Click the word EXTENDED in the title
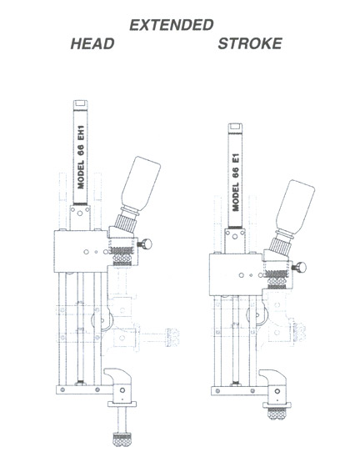pyautogui.click(x=172, y=25)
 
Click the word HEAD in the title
pyautogui.click(x=92, y=43)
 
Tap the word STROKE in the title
pyautogui.click(x=250, y=43)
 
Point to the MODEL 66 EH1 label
pyautogui.click(x=81, y=157)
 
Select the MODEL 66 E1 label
pyautogui.click(x=236, y=182)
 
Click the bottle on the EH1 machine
pyautogui.click(x=141, y=183)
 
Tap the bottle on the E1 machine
pyautogui.click(x=295, y=207)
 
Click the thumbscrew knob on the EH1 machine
pyautogui.click(x=145, y=244)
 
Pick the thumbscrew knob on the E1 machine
pyautogui.click(x=299, y=268)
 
